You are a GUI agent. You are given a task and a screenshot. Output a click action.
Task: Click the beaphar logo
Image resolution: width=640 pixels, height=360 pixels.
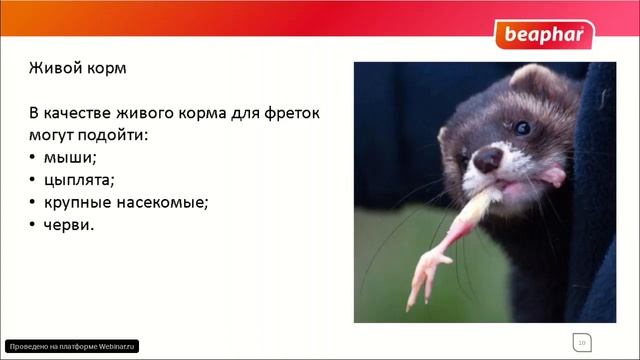543,35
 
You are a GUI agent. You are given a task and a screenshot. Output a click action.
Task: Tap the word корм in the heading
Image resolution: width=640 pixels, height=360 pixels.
108,72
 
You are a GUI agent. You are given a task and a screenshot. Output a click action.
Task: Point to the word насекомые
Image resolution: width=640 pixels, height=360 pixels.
162,203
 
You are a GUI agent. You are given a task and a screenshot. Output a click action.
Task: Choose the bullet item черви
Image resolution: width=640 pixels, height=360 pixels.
70,225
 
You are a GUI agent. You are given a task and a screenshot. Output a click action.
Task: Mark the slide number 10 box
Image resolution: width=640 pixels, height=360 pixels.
581,342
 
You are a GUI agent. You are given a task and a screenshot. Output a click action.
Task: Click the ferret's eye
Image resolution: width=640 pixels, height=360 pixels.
521,127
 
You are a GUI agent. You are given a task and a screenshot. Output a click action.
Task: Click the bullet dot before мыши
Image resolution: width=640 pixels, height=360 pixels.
32,158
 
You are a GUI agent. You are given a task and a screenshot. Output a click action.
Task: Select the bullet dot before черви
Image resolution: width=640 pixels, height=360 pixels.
32,225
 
